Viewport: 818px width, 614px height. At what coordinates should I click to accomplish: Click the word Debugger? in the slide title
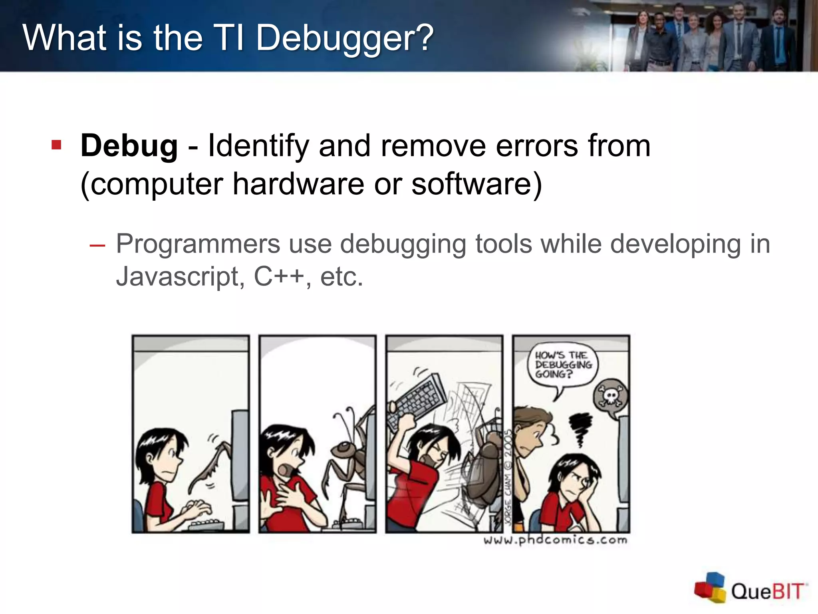tap(344, 38)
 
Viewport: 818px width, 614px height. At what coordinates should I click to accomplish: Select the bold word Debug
tap(129, 146)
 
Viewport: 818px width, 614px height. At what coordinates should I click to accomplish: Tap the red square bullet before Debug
tap(56, 144)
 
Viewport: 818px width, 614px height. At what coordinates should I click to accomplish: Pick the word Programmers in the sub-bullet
tap(198, 244)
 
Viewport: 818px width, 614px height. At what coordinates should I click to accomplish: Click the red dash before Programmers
tap(97, 245)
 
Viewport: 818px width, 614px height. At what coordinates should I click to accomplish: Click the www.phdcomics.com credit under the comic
tap(555, 540)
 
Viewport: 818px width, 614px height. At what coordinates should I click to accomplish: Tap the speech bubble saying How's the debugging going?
tap(563, 365)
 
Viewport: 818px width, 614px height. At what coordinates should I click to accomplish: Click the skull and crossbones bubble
tap(611, 396)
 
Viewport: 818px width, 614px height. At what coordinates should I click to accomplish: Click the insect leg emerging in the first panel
tap(212, 464)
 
